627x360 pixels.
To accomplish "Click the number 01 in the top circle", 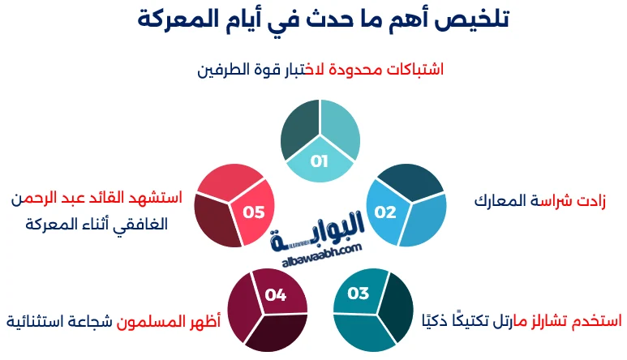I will pyautogui.click(x=319, y=161).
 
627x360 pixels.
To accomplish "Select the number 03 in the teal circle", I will pyautogui.click(x=359, y=294).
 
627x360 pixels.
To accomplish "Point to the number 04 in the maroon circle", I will pyautogui.click(x=276, y=295).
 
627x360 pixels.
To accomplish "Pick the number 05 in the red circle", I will pyautogui.click(x=254, y=212).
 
